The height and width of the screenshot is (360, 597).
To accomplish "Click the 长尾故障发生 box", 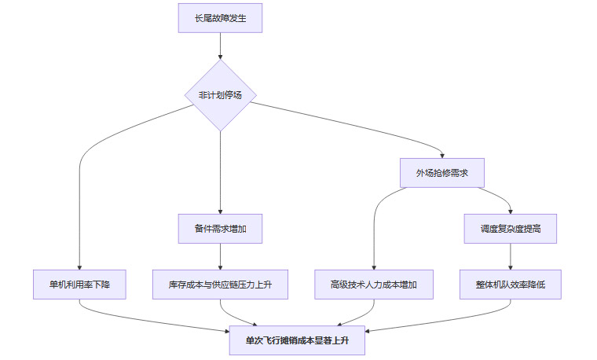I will [220, 18].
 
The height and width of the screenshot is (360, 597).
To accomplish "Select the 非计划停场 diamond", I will [220, 95].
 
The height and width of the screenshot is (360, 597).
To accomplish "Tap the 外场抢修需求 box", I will [442, 173].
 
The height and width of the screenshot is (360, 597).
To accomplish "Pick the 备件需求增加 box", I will [220, 228].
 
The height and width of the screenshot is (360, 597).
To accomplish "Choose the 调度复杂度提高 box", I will [511, 228].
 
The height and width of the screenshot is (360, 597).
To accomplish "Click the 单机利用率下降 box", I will [80, 284].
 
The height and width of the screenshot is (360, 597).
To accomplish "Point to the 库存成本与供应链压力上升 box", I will [220, 284].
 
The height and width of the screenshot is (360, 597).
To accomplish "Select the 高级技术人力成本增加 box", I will [374, 284].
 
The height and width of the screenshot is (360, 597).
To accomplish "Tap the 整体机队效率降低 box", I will [511, 284].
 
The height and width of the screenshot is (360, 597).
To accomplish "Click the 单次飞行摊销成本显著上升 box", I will [297, 340].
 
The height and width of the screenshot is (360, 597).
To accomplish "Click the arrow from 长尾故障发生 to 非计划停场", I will [220, 46].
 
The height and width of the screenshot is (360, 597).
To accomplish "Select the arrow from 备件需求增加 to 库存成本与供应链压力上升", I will [220, 255].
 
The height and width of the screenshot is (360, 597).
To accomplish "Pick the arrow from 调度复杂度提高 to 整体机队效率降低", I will [511, 255].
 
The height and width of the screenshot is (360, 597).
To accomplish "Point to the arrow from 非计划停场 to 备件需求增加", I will [220, 173].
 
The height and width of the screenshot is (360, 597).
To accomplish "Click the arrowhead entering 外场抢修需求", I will [442, 156].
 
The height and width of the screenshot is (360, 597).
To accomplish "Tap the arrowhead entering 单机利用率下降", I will [80, 266].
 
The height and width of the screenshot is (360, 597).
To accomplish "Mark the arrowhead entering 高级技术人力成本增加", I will [374, 266].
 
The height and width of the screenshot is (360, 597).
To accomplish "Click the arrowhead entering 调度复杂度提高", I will [511, 211].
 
